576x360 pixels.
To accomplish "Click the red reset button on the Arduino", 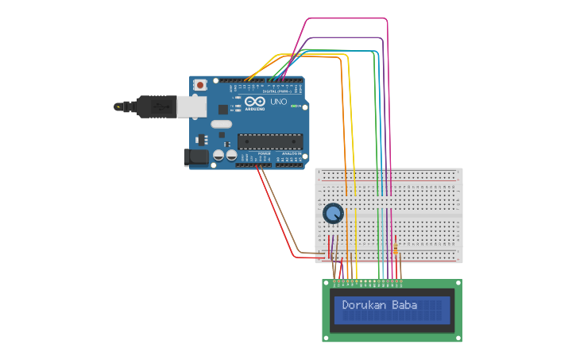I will (x=200, y=84).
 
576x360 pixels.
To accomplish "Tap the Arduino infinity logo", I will (x=255, y=102).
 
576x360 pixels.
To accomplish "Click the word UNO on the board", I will (x=279, y=102).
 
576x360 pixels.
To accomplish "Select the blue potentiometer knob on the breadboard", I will (x=333, y=213).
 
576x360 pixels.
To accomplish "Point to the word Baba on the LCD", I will (x=405, y=305).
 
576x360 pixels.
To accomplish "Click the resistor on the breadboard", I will (x=396, y=248).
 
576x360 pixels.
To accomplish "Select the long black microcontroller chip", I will (x=270, y=141).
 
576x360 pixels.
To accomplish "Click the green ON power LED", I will (x=295, y=106).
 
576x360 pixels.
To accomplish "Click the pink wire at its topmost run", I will (x=346, y=18).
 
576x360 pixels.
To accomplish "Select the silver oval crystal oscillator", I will (x=221, y=124).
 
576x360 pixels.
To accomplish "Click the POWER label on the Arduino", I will (x=253, y=153).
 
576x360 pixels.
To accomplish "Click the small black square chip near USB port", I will (x=223, y=109).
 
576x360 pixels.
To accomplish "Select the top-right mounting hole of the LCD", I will (x=458, y=283).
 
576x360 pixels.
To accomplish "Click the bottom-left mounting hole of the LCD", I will (x=326, y=338).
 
